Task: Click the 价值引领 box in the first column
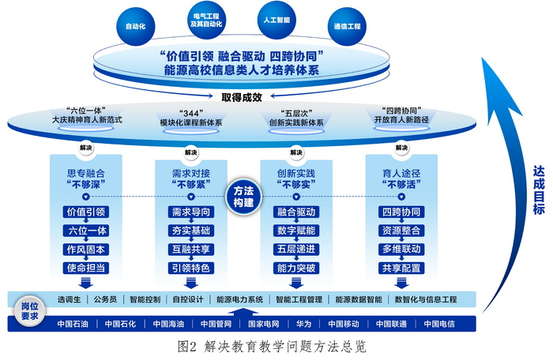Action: tap(85, 212)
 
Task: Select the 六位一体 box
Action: tap(85, 231)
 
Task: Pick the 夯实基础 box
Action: tap(190, 231)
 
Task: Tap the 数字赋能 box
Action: tap(296, 231)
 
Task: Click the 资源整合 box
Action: tap(401, 231)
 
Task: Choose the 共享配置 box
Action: tap(401, 268)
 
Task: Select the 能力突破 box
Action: tap(296, 268)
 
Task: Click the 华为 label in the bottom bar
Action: tap(303, 324)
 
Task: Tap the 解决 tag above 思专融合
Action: tap(85, 147)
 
